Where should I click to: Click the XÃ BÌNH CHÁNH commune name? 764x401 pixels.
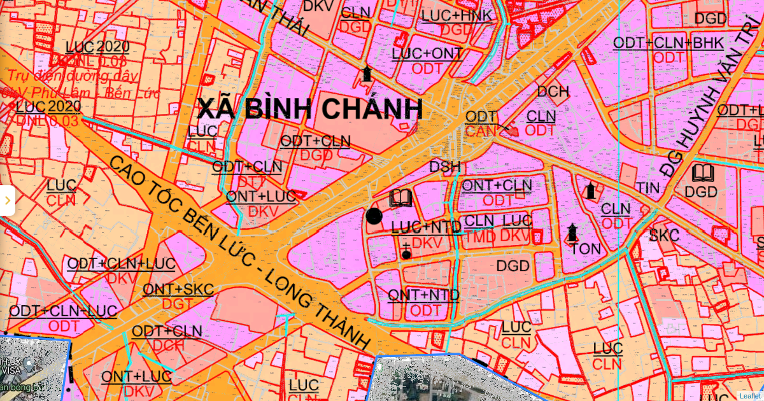click(310, 109)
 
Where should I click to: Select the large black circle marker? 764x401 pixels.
click(374, 216)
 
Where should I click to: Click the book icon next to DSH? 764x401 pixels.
click(400, 198)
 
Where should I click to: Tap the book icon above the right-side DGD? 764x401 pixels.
click(702, 172)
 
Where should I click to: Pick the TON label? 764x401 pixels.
click(585, 249)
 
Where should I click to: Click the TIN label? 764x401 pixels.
click(647, 188)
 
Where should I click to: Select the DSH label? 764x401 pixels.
click(445, 167)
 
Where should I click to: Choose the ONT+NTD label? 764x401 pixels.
click(423, 295)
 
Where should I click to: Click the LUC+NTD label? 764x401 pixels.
click(426, 227)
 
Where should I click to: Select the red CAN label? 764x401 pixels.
click(481, 131)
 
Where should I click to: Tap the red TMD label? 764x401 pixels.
click(479, 236)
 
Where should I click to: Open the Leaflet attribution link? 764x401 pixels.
click(749, 395)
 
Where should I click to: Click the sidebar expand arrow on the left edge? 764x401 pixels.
click(7, 200)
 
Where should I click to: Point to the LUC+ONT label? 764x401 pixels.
click(427, 53)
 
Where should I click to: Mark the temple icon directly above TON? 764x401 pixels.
click(572, 232)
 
